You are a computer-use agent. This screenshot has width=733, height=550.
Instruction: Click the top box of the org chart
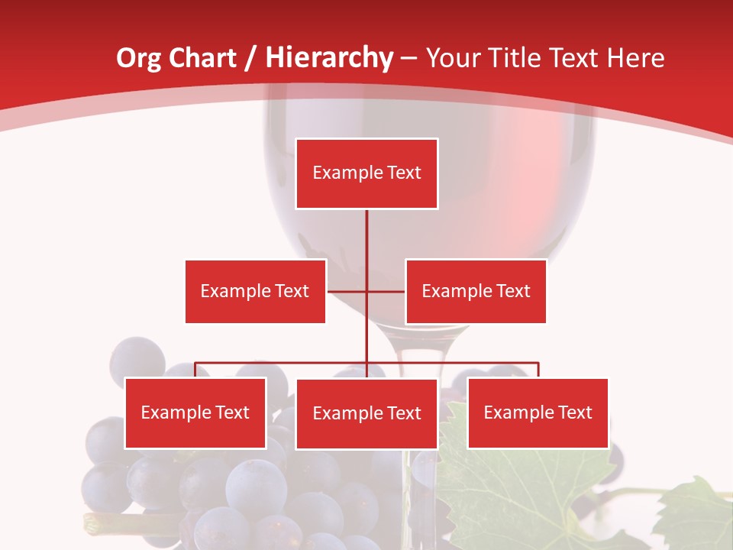point(366,173)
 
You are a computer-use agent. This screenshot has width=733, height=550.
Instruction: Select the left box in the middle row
point(255,291)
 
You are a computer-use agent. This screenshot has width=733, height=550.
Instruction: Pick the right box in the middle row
point(476,291)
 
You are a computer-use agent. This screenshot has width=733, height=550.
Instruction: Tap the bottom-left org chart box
point(195,413)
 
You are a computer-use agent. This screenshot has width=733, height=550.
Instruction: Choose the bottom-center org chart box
point(366,414)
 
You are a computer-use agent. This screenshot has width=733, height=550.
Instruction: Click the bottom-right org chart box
point(538,413)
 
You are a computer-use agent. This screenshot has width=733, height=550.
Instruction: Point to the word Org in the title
point(139,58)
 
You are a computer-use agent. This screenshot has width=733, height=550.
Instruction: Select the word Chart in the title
point(203,58)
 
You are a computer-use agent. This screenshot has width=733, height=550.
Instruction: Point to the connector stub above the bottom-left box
point(195,370)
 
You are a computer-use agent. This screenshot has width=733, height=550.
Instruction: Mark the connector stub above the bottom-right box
point(538,370)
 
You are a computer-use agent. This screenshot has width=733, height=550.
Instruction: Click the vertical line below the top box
point(366,237)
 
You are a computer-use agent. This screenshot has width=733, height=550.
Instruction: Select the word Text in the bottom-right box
point(575,413)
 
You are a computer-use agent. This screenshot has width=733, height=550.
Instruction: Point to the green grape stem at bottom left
point(99,524)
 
